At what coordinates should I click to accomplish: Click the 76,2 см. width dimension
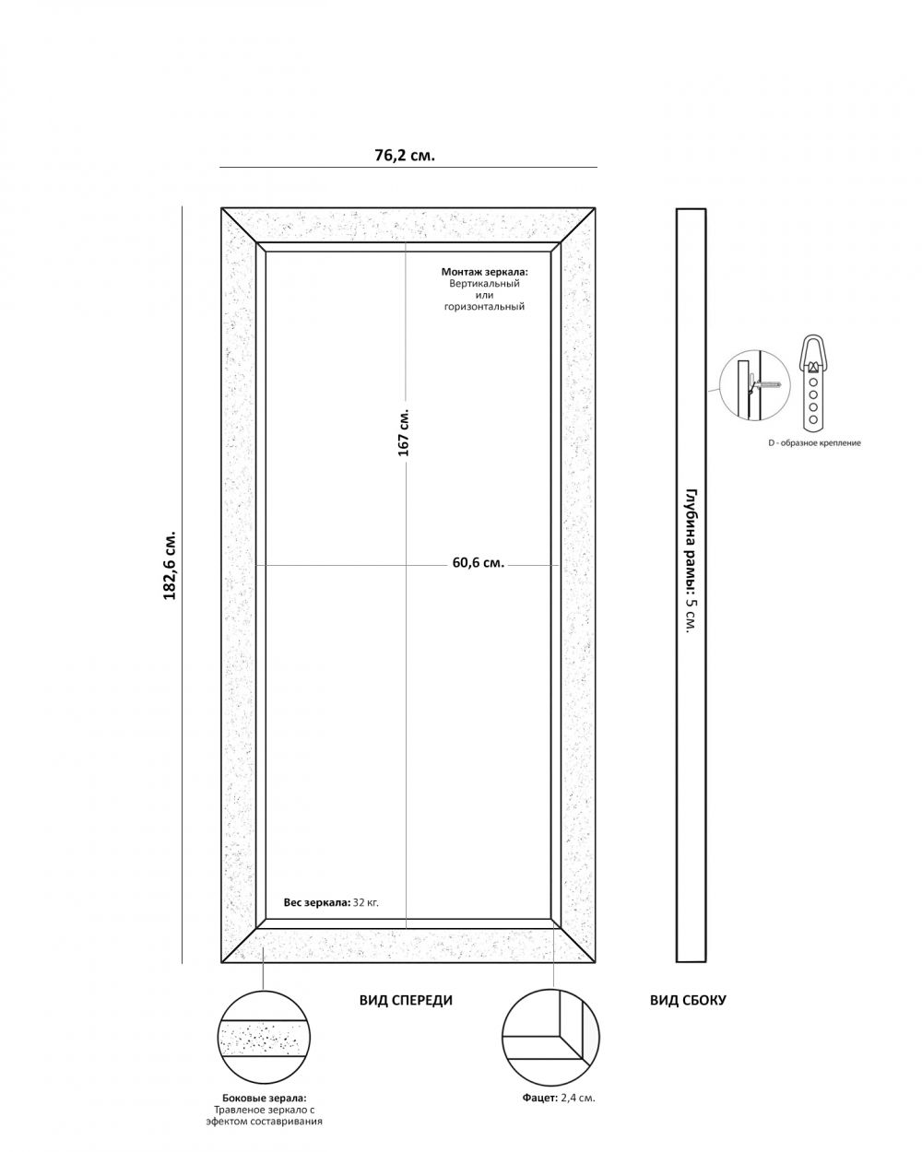point(405,155)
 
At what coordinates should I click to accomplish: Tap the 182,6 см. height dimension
point(170,566)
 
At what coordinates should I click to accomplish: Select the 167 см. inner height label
point(404,431)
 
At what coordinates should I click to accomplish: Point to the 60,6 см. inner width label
point(478,563)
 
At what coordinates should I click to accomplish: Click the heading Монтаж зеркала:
point(484,273)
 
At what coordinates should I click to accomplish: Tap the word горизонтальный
point(484,307)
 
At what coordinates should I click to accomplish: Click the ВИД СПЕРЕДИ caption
point(406,1000)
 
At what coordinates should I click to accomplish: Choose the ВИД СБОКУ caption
point(688,1000)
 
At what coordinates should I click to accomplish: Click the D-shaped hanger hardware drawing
point(812,382)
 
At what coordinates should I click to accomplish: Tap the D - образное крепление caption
point(814,443)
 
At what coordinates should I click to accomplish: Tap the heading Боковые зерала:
point(264,1099)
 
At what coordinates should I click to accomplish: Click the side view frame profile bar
point(691,585)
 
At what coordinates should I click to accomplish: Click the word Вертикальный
point(484,284)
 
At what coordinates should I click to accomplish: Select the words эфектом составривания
point(264,1122)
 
